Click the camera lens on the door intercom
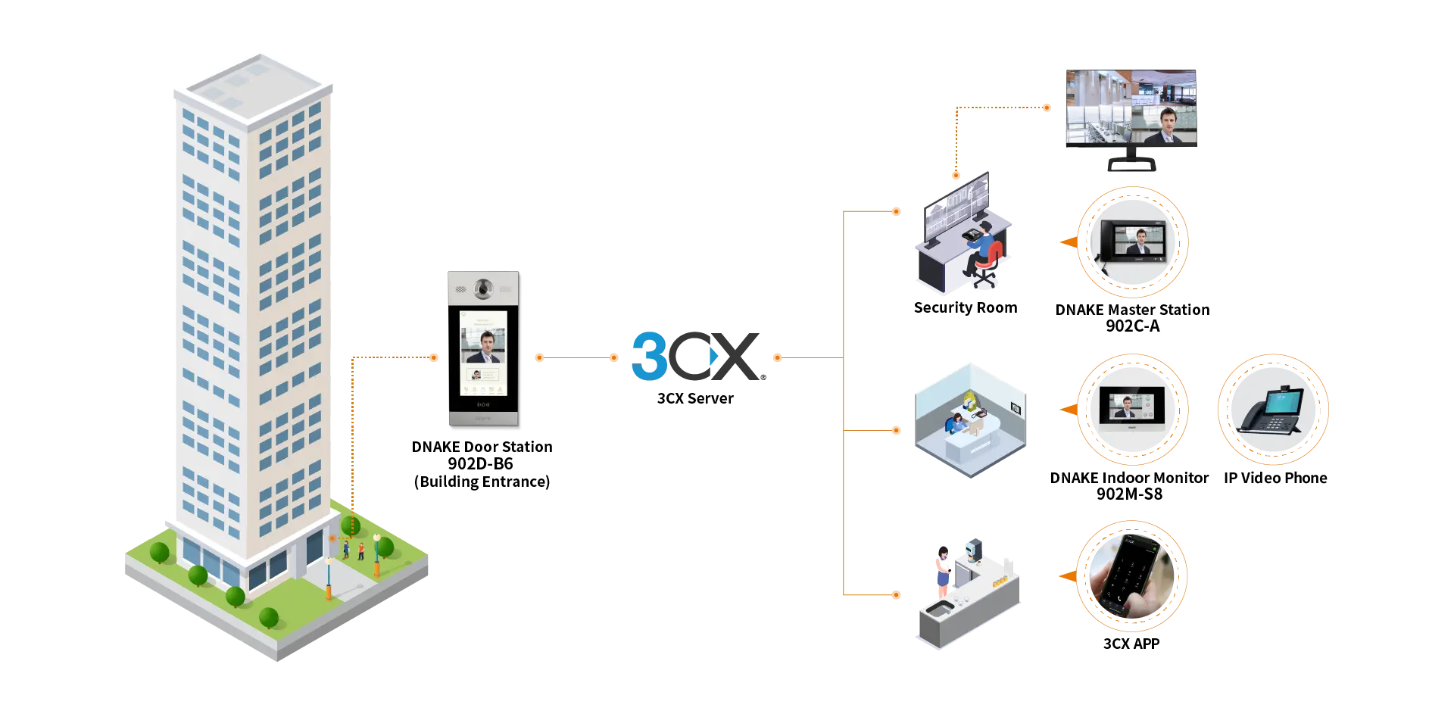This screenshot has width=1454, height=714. (482, 288)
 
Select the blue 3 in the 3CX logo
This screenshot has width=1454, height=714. (648, 354)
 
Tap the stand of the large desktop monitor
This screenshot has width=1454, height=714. (1130, 163)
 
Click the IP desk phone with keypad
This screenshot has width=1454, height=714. (1272, 413)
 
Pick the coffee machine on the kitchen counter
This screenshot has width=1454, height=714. (973, 549)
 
